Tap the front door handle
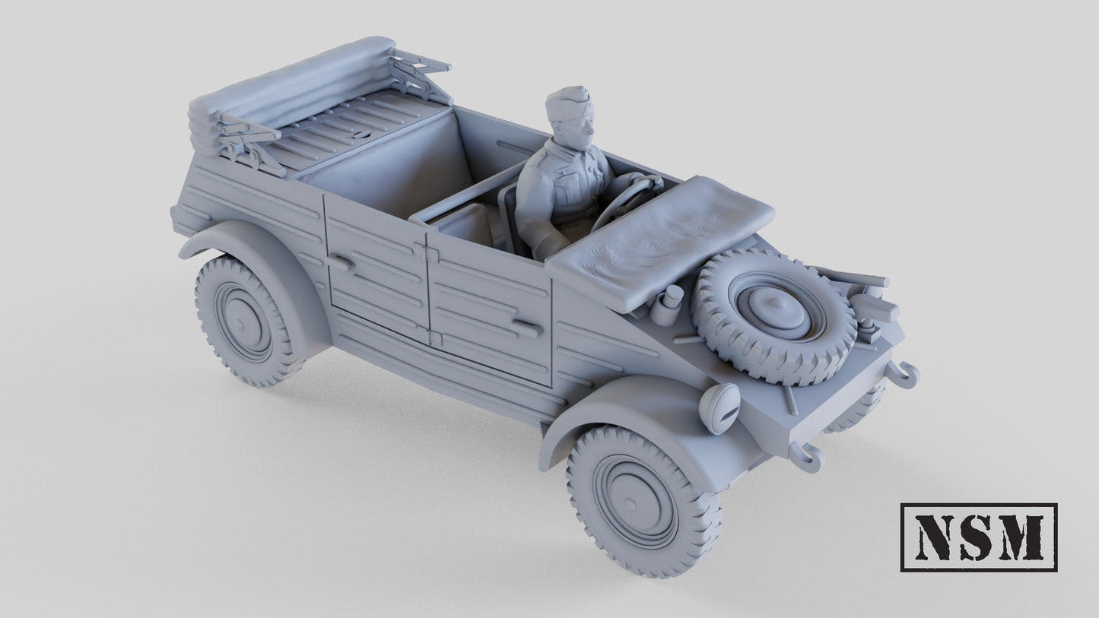526,328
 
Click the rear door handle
341,261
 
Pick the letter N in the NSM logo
934,537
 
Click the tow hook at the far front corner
905,374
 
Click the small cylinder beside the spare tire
669,304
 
